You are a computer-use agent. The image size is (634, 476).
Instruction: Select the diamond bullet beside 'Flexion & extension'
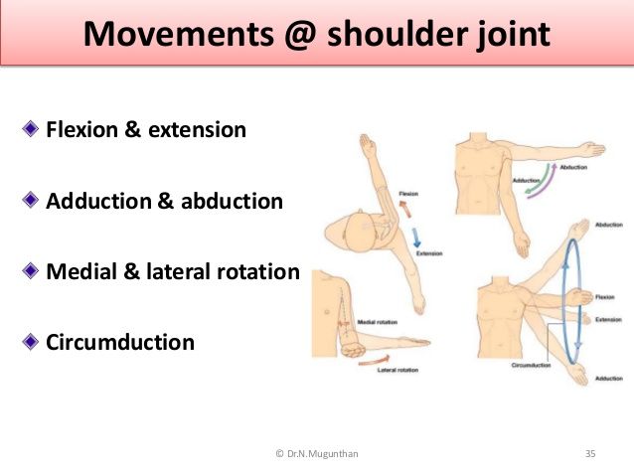pyautogui.click(x=31, y=128)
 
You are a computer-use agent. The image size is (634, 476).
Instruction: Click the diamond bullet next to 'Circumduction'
pyautogui.click(x=31, y=342)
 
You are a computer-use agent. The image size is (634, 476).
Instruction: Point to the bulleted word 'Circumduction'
pyautogui.click(x=120, y=343)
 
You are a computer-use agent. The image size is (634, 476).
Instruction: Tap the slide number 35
pyautogui.click(x=590, y=454)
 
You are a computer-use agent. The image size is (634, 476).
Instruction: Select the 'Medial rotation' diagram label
pyautogui.click(x=379, y=321)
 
